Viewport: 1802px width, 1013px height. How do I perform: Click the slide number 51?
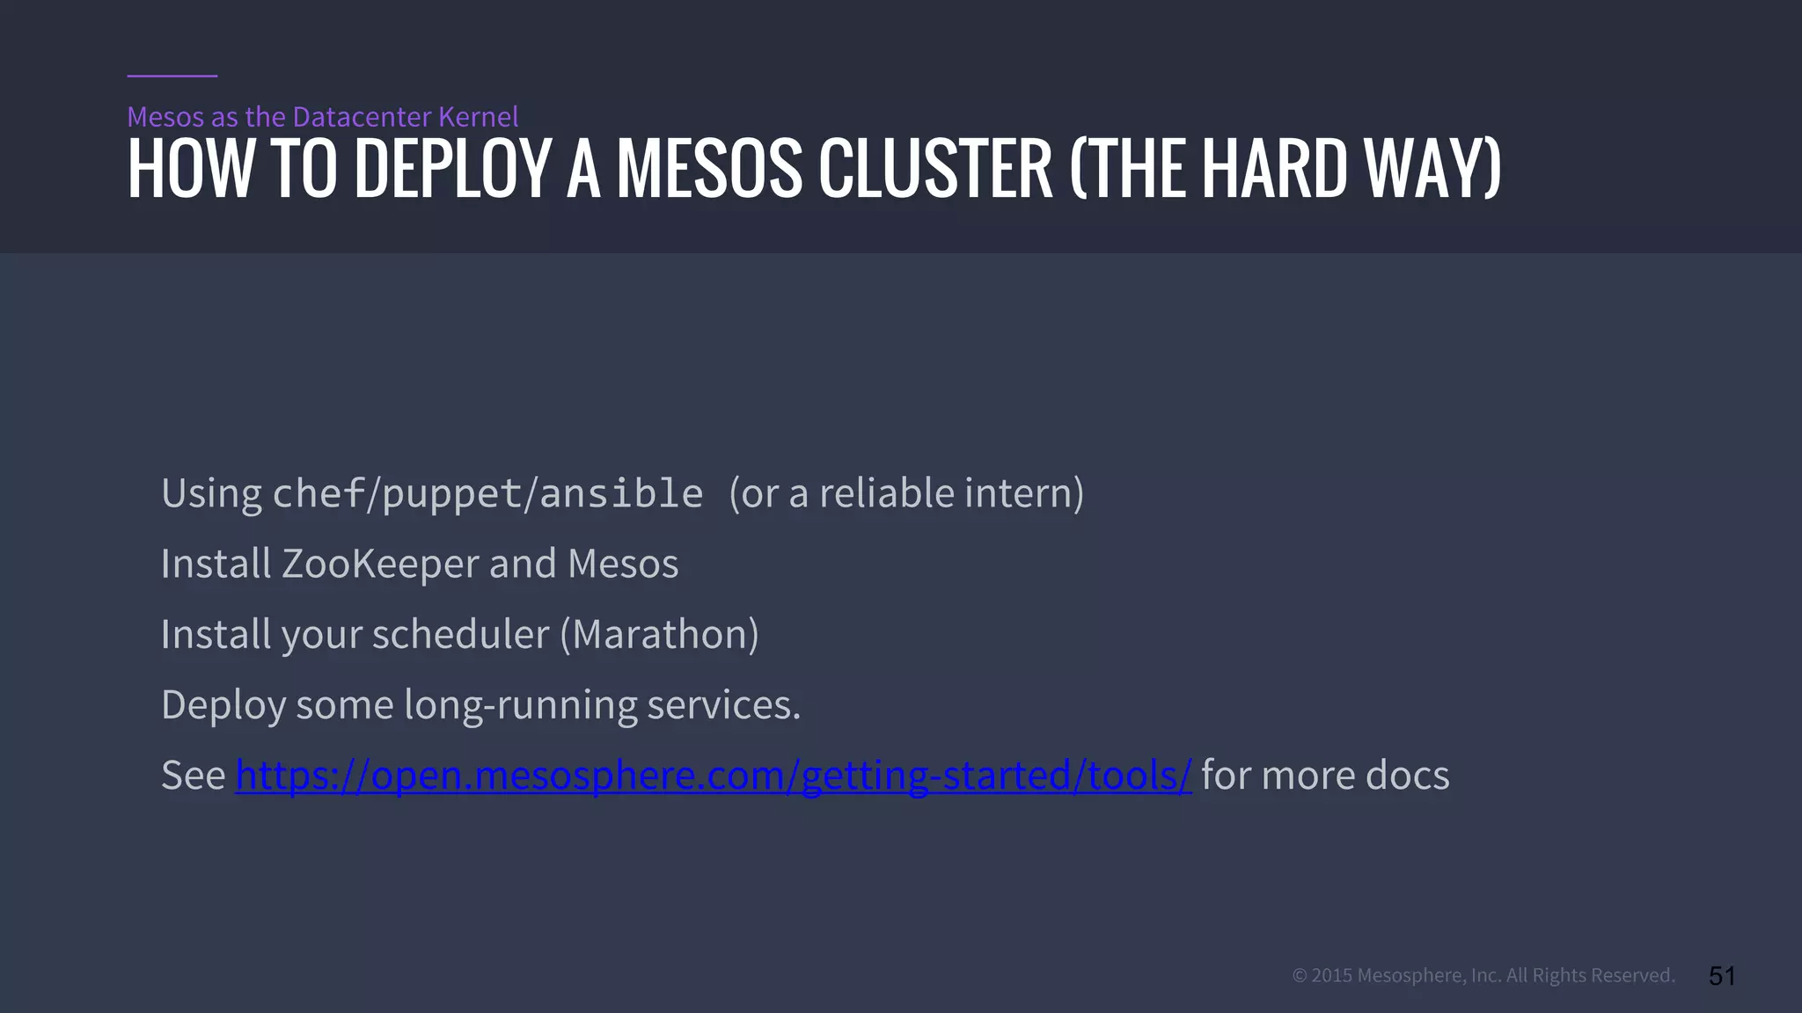pos(1721,975)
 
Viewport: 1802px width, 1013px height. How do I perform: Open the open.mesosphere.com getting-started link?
pos(713,776)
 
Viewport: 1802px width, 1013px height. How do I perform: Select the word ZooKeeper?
pos(380,564)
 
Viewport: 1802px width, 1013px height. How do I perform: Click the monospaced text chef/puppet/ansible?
pos(488,493)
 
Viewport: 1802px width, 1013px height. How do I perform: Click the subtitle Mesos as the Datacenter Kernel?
pos(323,117)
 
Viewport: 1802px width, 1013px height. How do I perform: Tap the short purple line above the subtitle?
pos(172,76)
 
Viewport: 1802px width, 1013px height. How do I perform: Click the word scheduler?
pos(460,635)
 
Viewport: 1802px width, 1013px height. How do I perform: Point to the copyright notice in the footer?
pos(1483,975)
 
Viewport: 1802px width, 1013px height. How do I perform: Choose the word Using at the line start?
pos(211,494)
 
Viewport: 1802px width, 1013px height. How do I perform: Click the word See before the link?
pos(193,776)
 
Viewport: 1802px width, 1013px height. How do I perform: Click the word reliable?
pos(886,493)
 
